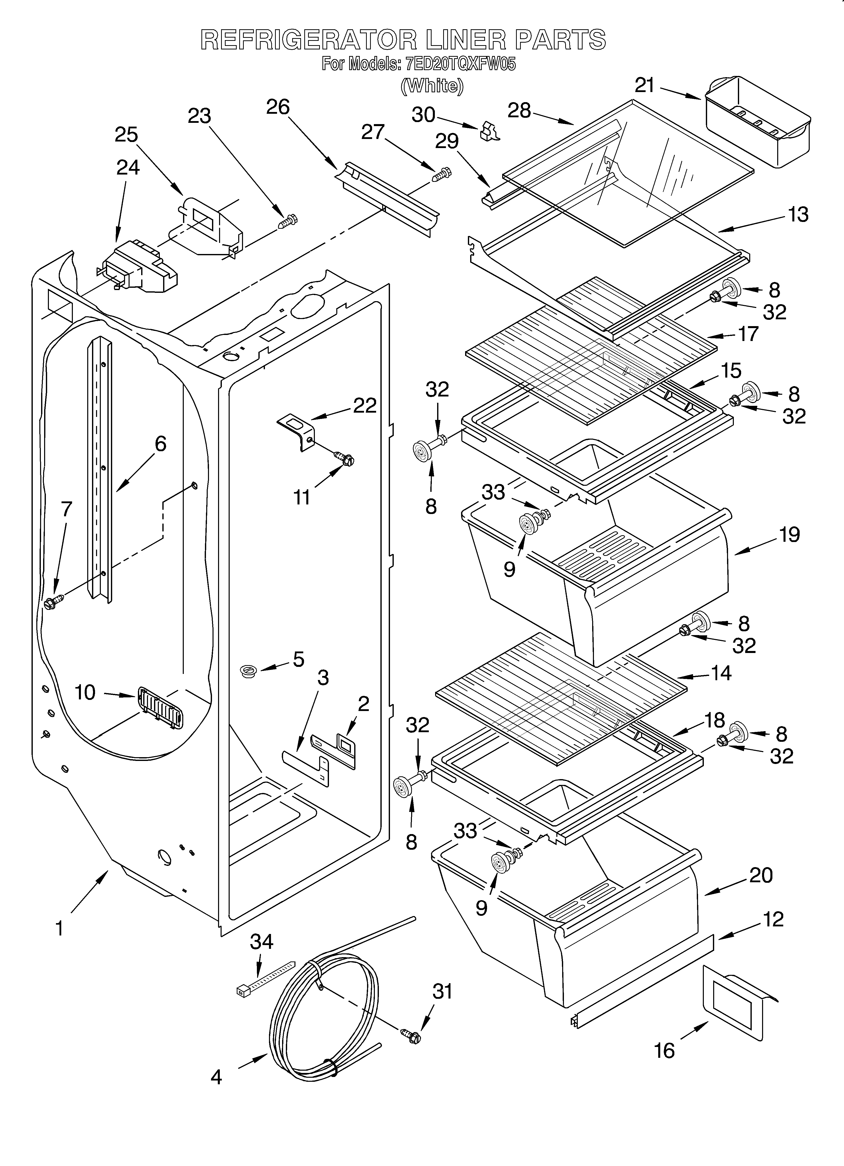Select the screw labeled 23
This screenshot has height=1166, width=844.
point(288,222)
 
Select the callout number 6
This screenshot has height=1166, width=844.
point(160,443)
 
